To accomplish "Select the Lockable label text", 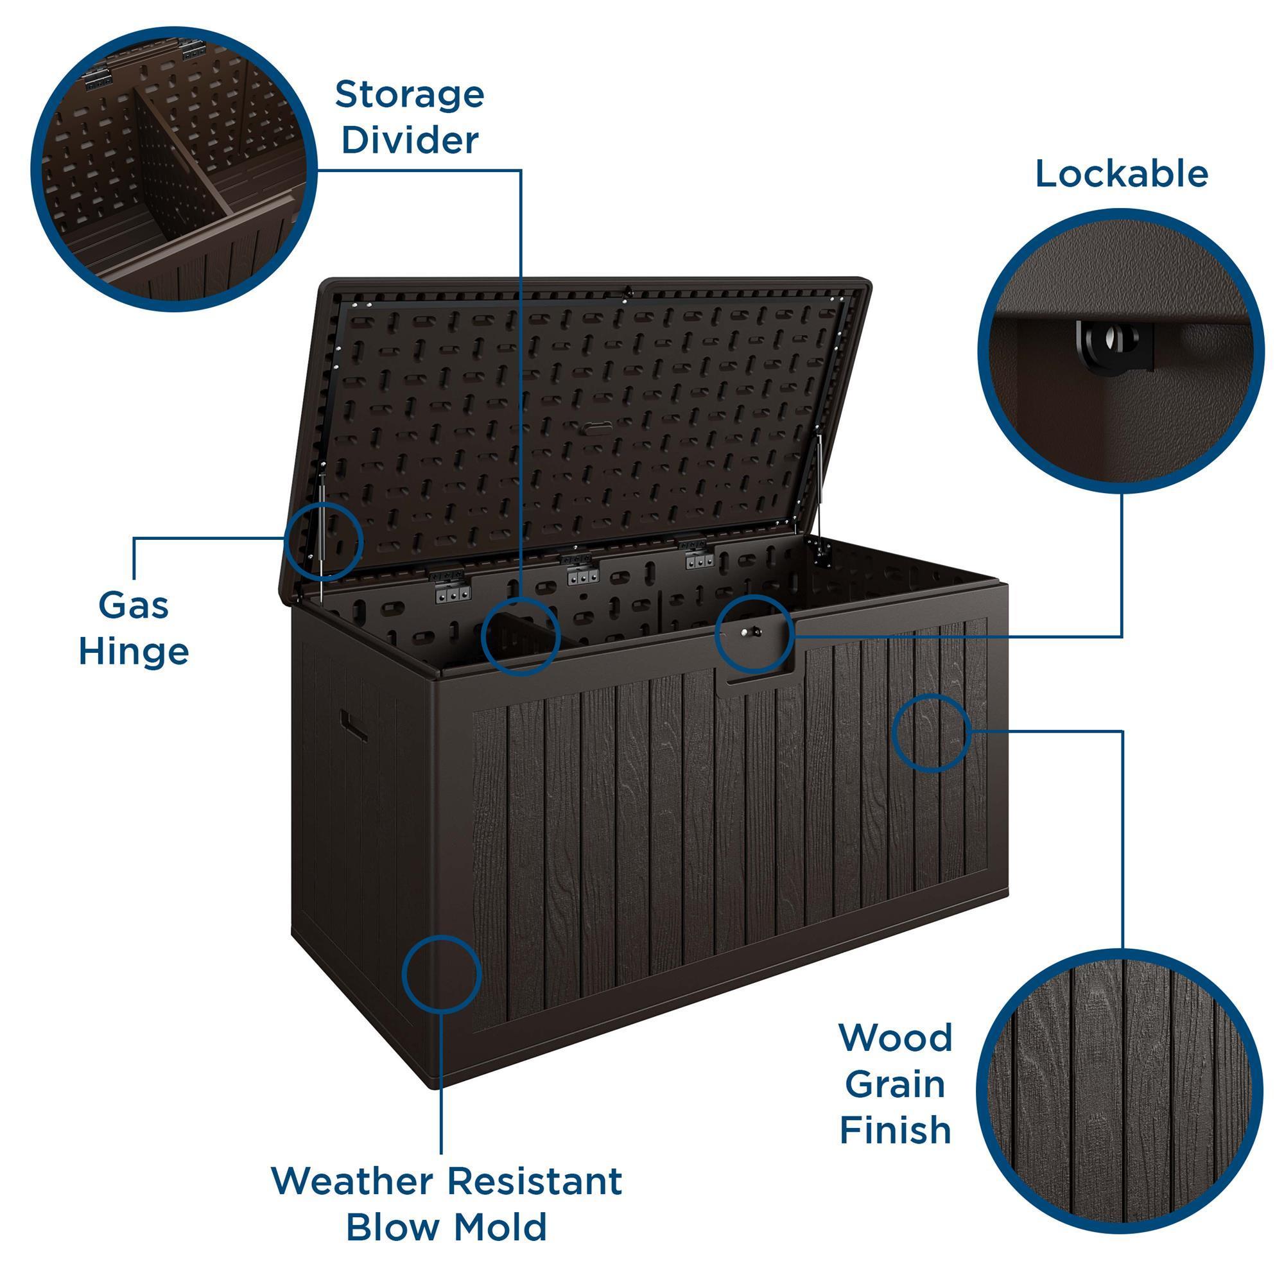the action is tap(1121, 173).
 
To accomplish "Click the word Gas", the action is tap(134, 605).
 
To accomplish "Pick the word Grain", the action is tap(894, 1084).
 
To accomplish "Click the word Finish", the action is tap(894, 1130).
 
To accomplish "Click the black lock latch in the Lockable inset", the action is tap(1115, 344).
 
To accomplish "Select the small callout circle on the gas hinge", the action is tap(324, 541).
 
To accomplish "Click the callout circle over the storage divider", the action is tap(521, 636).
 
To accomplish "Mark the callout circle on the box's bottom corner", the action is tap(440, 975).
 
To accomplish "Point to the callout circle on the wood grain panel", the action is tap(931, 733).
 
